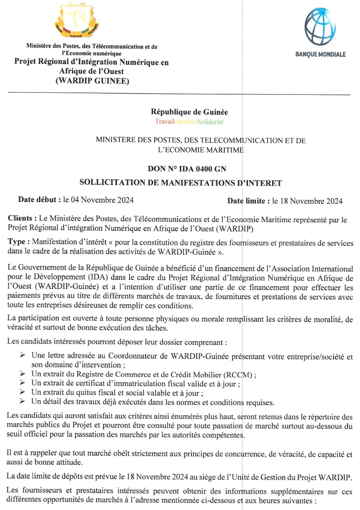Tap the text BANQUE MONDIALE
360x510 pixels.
(320, 55)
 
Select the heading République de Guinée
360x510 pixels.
(189, 112)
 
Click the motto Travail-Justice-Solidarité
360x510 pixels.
(189, 121)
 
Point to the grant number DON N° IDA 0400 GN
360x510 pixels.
(190, 169)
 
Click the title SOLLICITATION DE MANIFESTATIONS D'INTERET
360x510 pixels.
(181, 183)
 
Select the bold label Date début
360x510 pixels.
(39, 199)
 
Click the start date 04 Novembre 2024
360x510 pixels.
(103, 200)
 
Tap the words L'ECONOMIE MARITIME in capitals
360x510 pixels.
(199, 150)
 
